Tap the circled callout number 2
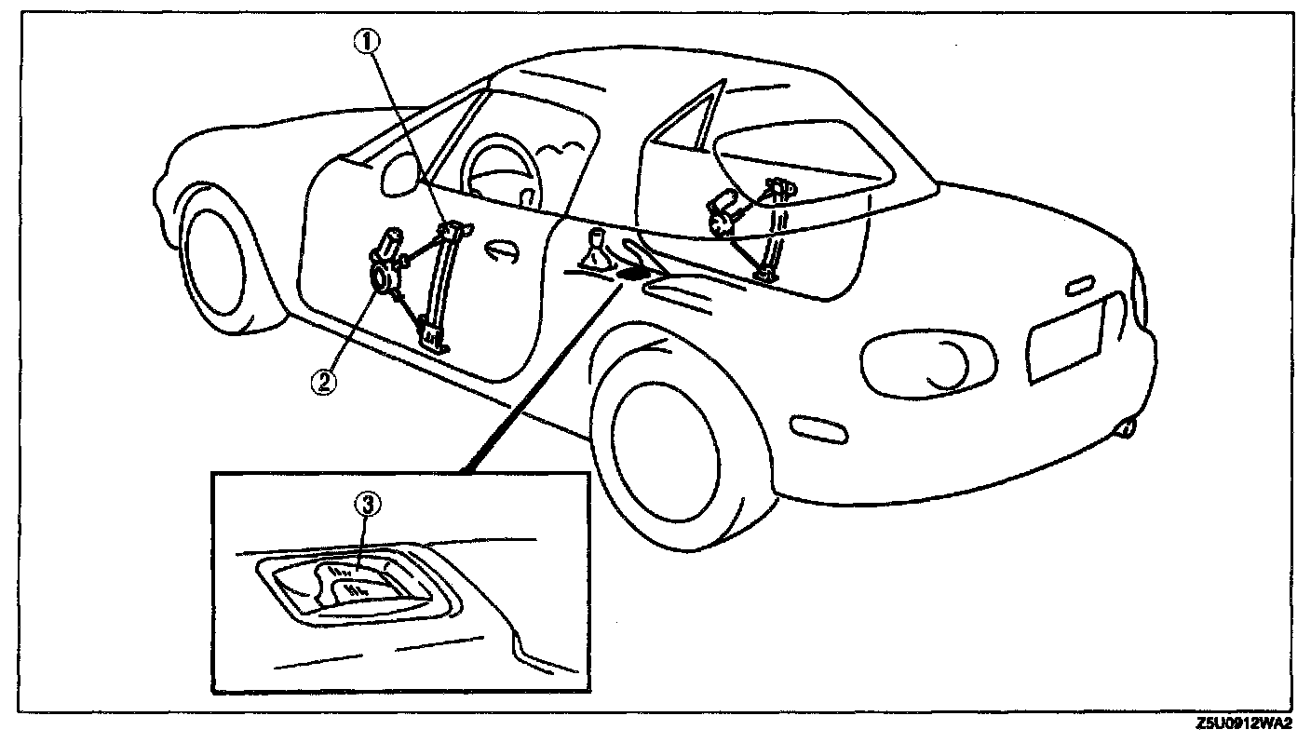[321, 382]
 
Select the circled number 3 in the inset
[370, 505]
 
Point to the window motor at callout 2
[383, 276]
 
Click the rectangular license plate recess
[1063, 340]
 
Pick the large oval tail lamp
[921, 360]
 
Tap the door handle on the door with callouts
[503, 252]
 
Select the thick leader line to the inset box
[541, 371]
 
